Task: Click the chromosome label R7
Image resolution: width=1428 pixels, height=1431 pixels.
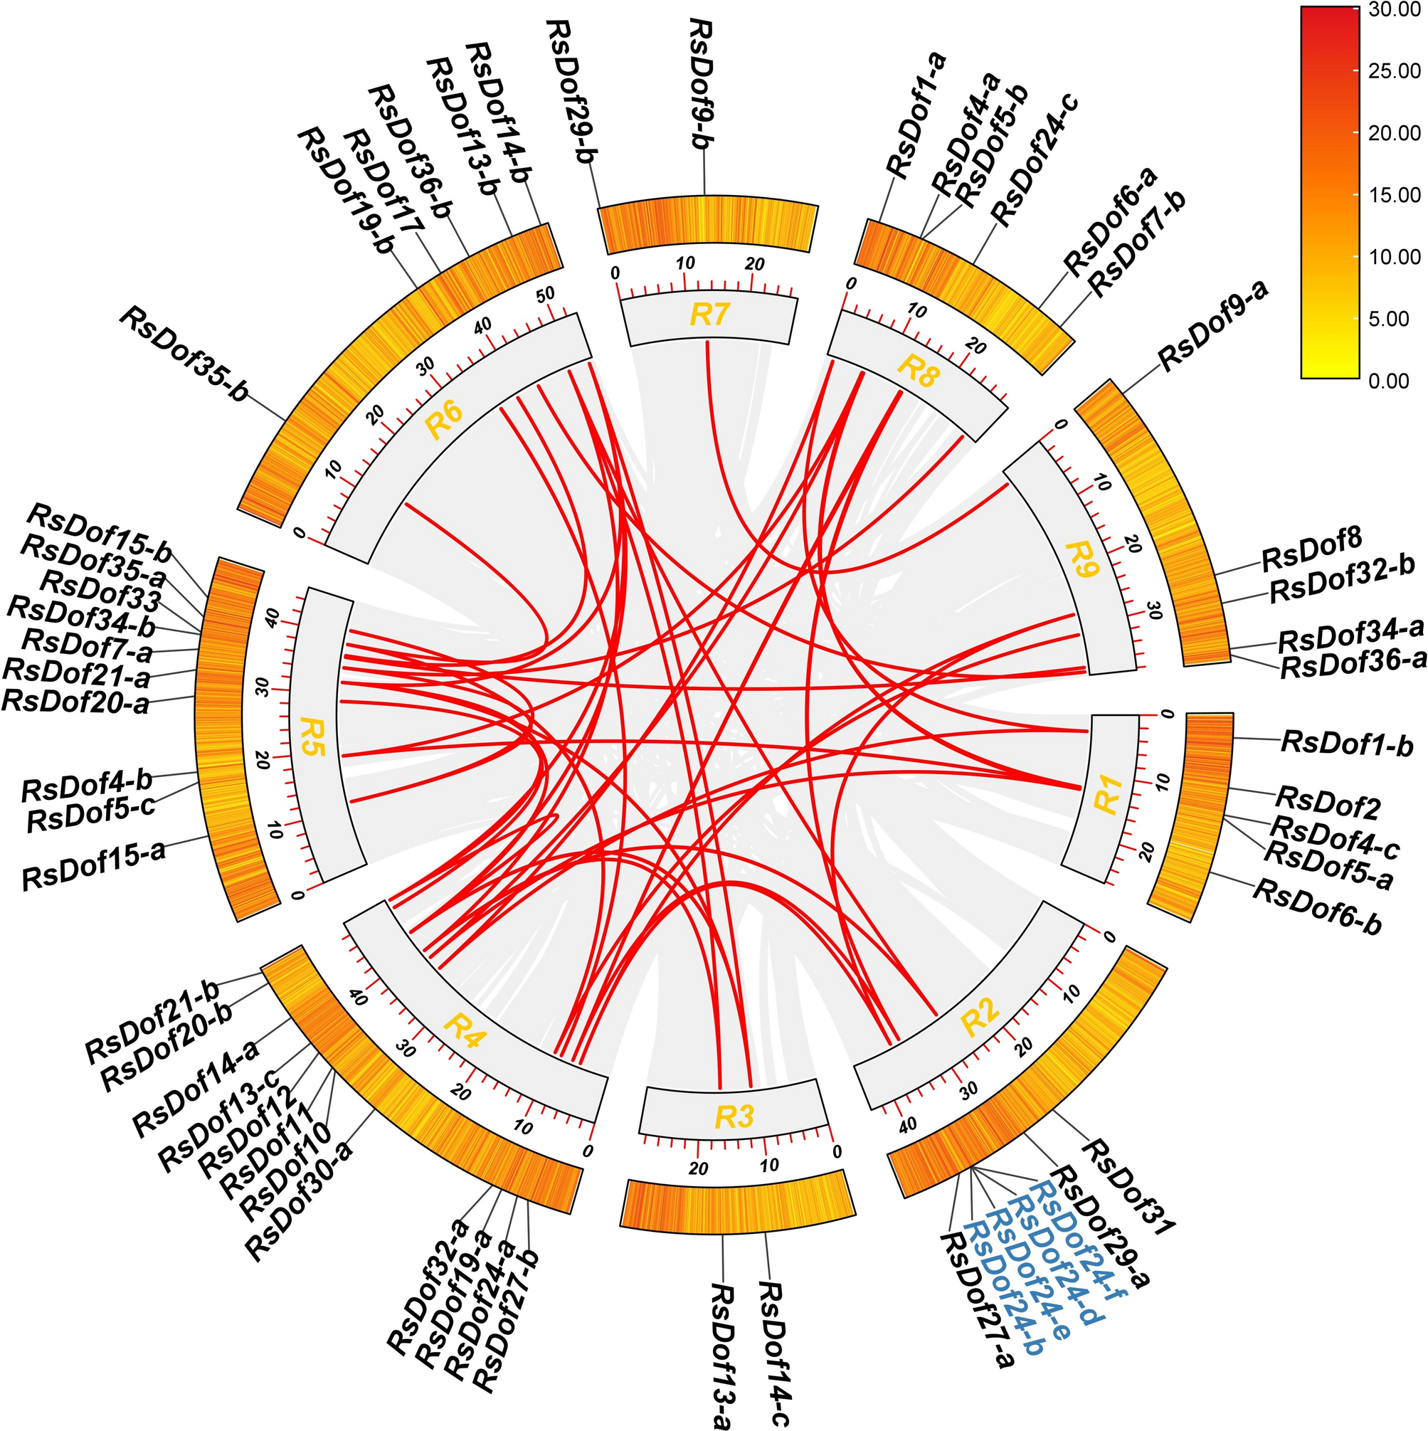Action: click(x=709, y=315)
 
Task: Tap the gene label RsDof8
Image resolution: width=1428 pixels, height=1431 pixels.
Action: click(x=1312, y=549)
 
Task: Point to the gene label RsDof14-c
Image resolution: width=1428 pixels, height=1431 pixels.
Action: click(x=774, y=1355)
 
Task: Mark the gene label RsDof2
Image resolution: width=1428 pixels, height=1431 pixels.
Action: click(x=1328, y=803)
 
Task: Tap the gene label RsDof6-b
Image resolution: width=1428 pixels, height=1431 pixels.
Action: click(x=1316, y=907)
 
